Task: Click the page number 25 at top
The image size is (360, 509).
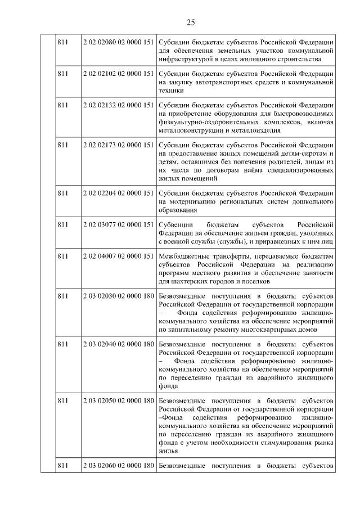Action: tap(190, 22)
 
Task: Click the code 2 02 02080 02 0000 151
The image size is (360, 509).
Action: tap(118, 43)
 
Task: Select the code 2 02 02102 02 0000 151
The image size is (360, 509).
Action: tap(118, 74)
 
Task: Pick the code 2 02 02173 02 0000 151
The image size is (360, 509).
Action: tap(118, 145)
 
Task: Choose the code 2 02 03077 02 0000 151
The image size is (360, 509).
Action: tap(118, 225)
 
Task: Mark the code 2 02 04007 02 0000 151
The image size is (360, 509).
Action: tap(118, 256)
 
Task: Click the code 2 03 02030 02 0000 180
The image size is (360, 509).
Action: tap(118, 296)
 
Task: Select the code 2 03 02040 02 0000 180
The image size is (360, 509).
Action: tap(118, 344)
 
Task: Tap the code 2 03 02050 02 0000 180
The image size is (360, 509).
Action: tap(118, 401)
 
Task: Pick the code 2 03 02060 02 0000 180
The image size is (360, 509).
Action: tap(118, 465)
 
